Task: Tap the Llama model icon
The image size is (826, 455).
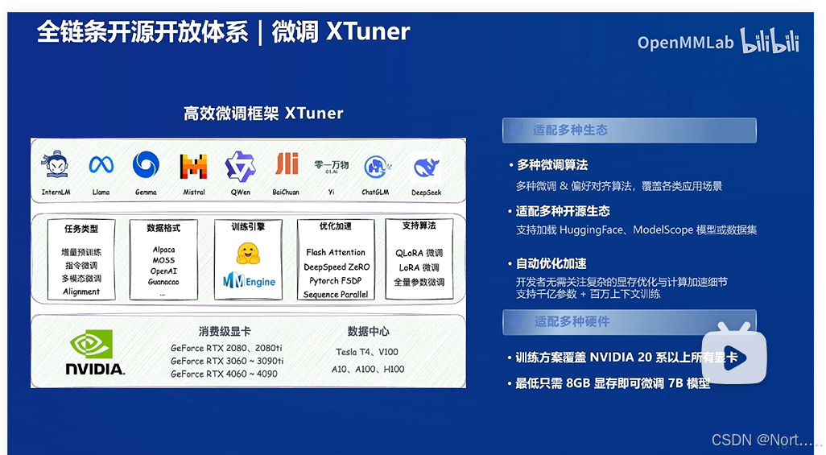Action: coord(101,165)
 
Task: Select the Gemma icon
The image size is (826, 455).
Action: coord(146,165)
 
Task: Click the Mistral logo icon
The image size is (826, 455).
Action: coord(193,166)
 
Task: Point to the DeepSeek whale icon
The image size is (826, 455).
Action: coord(426,167)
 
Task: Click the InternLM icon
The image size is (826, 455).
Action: coord(56,165)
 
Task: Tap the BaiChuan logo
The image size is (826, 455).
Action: coord(286,164)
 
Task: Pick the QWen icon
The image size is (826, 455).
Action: coord(240,166)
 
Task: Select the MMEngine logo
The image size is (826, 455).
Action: coord(249,281)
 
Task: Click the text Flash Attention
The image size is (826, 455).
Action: coord(335,252)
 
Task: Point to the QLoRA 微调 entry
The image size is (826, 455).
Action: coord(419,253)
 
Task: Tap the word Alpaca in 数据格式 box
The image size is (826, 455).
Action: coord(163,250)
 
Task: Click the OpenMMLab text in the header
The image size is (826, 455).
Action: coord(686,43)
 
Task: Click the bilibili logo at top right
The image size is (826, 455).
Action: coord(770,40)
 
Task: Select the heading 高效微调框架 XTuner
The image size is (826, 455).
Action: coord(263,114)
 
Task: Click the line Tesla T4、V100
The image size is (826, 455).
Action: coord(366,352)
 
